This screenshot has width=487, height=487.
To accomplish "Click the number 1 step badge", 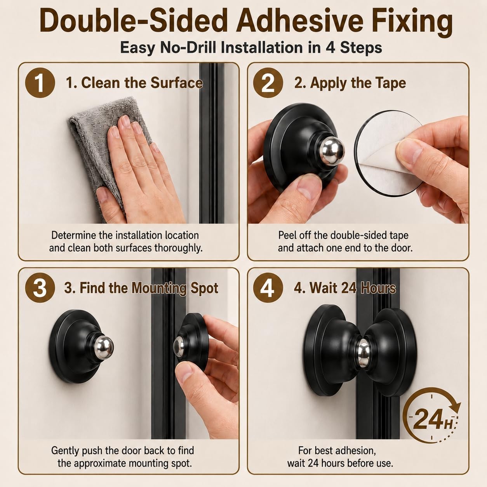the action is (x=40, y=83).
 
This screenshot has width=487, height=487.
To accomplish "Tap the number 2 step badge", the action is (x=268, y=83).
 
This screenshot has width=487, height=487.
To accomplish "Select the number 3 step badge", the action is (x=40, y=288).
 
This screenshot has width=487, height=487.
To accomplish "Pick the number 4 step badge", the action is (x=268, y=288).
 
